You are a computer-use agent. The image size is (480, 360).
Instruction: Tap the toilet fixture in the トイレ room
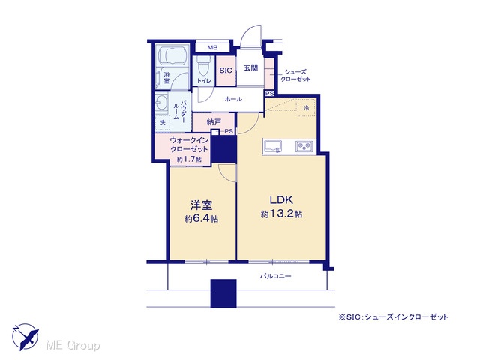(202, 67)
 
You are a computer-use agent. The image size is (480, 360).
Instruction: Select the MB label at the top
(212, 48)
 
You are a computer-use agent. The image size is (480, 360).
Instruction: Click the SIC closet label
(226, 70)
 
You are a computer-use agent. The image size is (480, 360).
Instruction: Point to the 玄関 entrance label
(250, 67)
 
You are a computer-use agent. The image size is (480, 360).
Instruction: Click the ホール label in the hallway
(233, 99)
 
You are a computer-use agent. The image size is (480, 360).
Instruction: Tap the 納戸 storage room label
(214, 122)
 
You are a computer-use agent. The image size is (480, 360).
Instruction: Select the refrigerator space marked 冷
(307, 108)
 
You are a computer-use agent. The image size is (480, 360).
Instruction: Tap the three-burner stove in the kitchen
(304, 146)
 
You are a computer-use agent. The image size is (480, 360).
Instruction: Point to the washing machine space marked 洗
(162, 123)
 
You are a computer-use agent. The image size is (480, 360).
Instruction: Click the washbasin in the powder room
(162, 102)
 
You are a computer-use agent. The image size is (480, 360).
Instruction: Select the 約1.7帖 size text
(190, 160)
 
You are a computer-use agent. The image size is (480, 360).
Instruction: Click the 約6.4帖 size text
(201, 219)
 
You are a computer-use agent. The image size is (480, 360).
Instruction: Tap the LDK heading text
(281, 200)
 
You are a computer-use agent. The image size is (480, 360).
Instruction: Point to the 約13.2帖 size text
(281, 214)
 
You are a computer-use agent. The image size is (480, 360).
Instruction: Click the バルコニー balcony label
(275, 276)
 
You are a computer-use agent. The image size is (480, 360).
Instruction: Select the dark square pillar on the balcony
(223, 293)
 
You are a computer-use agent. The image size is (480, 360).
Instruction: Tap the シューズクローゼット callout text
(295, 75)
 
